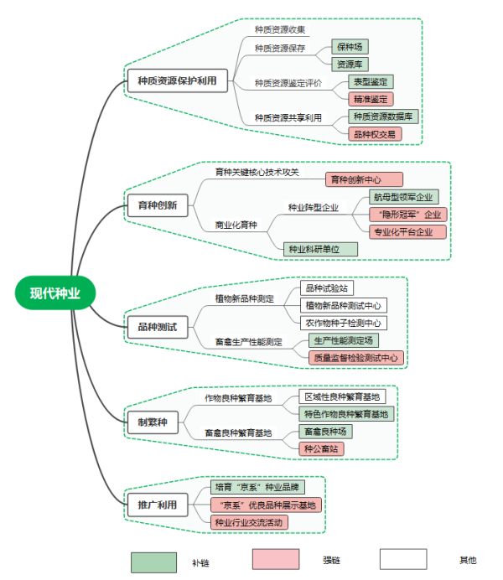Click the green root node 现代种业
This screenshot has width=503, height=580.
coord(55,293)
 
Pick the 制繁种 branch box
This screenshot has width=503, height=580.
coord(152,422)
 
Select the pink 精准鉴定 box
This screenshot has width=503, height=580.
coord(371,99)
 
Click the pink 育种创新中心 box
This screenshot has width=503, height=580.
coord(364,179)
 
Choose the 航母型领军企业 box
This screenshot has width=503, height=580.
coord(404,197)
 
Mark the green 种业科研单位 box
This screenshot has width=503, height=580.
coord(320,249)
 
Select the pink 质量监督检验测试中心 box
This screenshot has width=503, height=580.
coord(355,358)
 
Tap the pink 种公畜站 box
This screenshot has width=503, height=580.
coord(322,448)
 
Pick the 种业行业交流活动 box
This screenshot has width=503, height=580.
coord(250,522)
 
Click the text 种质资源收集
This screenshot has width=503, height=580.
coord(280,30)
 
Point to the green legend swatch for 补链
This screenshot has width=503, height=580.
coord(154,562)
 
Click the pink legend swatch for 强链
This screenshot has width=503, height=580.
coord(276,559)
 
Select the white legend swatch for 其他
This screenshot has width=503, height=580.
coord(403,559)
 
